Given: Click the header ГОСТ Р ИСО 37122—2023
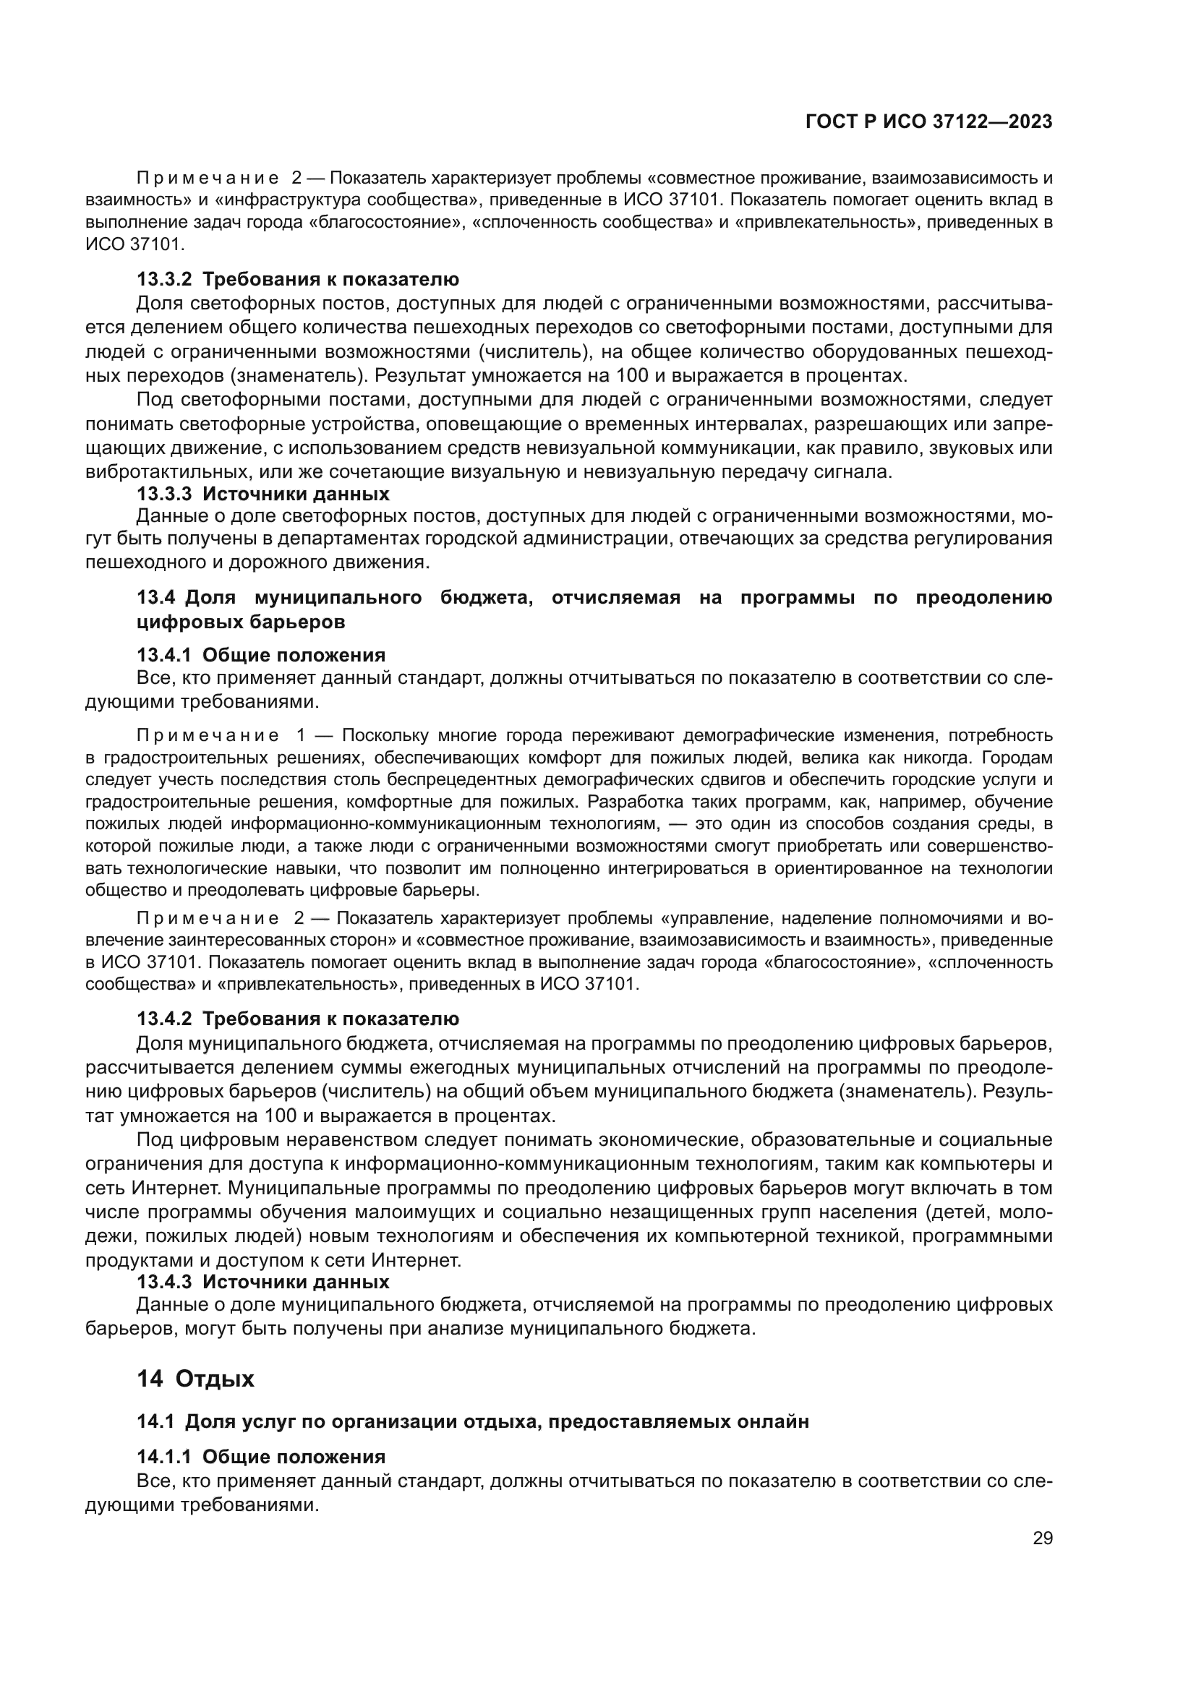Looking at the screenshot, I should coord(928,122).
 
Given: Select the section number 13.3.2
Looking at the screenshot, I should coord(163,279).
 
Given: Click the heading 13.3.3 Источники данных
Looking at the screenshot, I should coord(263,494).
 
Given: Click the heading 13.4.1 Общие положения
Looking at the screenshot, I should coord(261,655).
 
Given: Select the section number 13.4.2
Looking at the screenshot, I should coord(163,1019).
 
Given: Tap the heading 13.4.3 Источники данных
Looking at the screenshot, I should coord(263,1282).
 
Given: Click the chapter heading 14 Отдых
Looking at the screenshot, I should coord(195,1379).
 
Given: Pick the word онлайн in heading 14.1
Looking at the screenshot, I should coord(772,1421).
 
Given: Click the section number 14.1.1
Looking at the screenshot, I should coord(163,1457).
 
